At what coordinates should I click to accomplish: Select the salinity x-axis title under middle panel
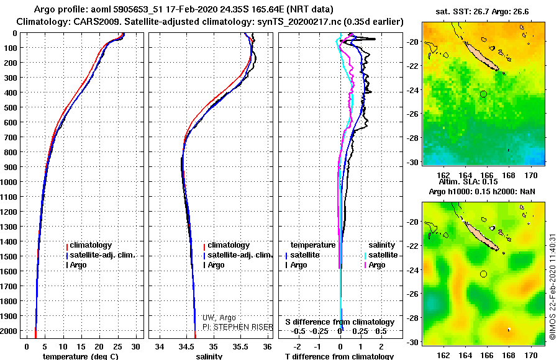tap(209, 356)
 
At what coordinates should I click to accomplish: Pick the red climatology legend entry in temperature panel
tap(90, 245)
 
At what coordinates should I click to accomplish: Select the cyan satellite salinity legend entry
tap(383, 255)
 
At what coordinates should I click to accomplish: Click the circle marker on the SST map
tap(483, 94)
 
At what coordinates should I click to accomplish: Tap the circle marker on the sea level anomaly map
tap(483, 274)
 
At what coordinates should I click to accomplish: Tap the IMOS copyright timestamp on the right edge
tap(553, 291)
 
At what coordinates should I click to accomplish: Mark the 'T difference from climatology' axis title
tap(339, 356)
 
